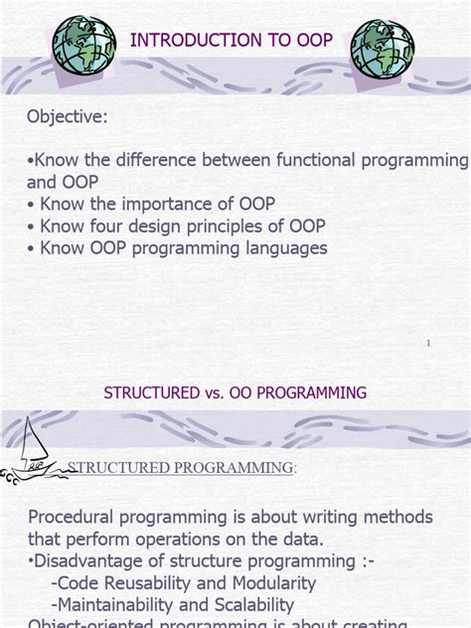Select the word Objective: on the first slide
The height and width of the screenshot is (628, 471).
coord(68,116)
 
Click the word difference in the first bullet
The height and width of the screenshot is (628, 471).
coord(153,161)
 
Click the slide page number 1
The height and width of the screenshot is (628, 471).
coord(428,343)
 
